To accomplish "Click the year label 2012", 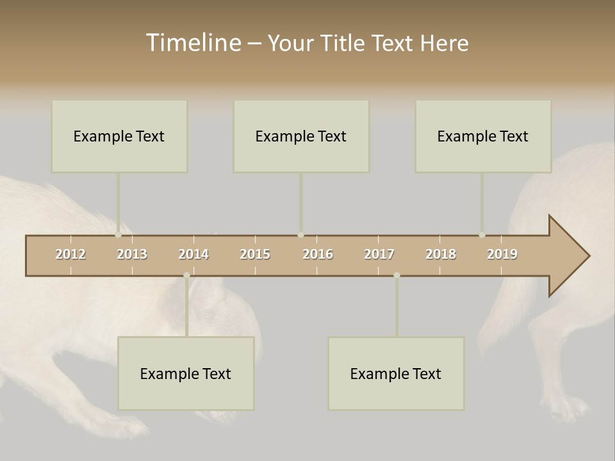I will click(70, 254).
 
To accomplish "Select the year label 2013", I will click(132, 254).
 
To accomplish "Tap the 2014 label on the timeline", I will click(193, 254).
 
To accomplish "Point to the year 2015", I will click(255, 254).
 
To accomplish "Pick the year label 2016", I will click(318, 254).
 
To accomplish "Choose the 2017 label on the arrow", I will click(379, 254).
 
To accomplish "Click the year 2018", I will click(441, 254).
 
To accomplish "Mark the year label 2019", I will click(502, 254).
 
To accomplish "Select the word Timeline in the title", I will click(193, 43).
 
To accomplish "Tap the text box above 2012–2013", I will click(119, 136).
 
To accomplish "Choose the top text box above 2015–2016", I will click(301, 136).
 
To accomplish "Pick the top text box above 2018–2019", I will click(483, 136).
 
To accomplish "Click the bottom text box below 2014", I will click(186, 373).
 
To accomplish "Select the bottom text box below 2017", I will click(396, 373).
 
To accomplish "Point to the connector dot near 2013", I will click(119, 235).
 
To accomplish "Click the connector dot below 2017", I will click(397, 275).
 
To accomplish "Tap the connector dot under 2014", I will click(186, 275).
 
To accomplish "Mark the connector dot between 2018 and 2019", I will click(482, 235).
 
